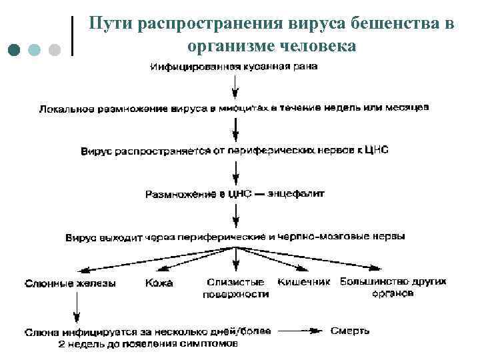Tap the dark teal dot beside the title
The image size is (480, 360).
tap(15, 51)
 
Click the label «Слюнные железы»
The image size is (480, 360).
tap(70, 283)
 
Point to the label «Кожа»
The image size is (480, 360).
tap(159, 283)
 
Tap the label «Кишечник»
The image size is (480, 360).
tap(304, 282)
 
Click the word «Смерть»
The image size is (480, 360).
tap(350, 331)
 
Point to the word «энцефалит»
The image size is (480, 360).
tap(296, 194)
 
